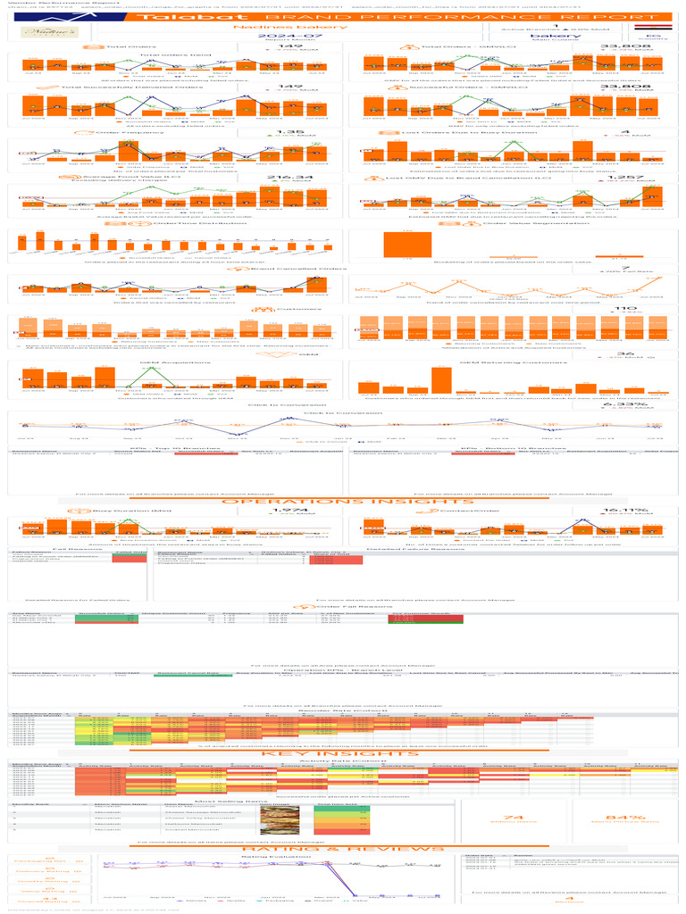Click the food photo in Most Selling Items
272,818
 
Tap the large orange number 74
513,818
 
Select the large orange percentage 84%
618,818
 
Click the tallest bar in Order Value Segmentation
407,244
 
